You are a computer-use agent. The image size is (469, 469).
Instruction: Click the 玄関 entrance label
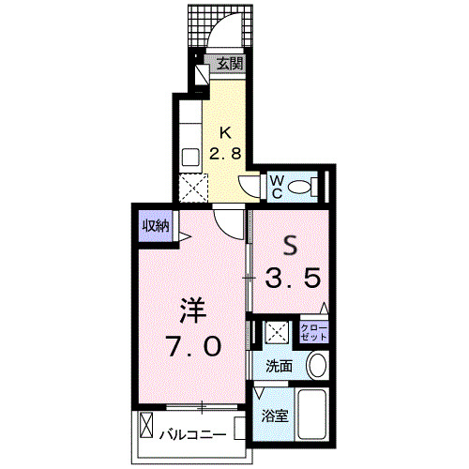coord(230,65)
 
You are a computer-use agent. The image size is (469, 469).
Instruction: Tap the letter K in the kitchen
coord(227,132)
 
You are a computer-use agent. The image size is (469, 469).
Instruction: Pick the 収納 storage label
coord(155,226)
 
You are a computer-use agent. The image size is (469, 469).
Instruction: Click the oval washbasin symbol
coord(317,366)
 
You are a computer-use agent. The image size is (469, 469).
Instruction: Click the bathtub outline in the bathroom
coord(312,414)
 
